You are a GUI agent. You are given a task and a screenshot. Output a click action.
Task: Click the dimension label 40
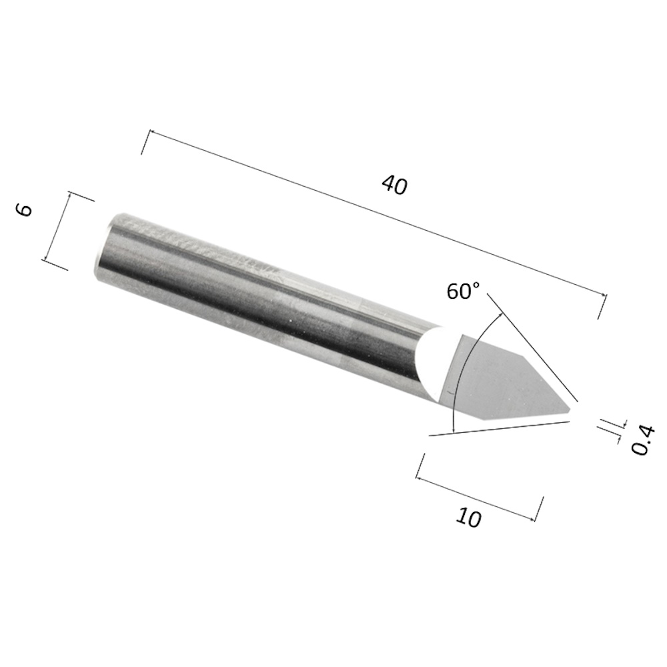[395, 185]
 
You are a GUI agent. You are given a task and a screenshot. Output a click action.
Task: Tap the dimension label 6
[25, 209]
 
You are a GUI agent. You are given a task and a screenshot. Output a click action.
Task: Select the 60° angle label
[464, 292]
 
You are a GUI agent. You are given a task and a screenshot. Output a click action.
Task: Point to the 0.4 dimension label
[642, 440]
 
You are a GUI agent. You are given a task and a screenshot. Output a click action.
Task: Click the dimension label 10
[469, 518]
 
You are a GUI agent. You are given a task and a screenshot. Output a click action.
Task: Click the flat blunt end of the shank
[101, 246]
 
